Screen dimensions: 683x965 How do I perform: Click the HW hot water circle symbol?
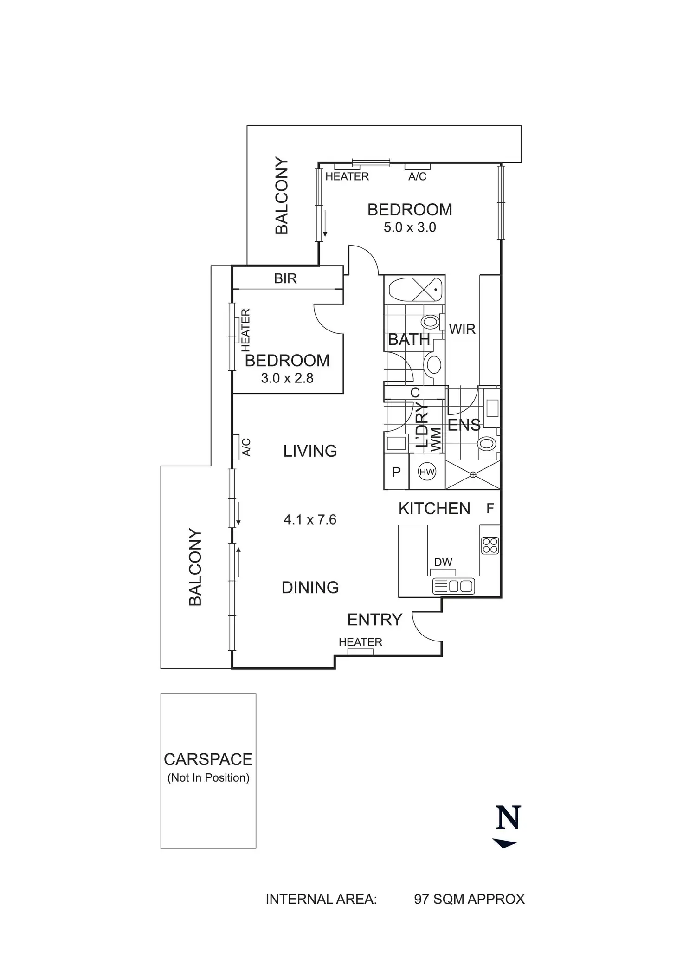tap(426, 473)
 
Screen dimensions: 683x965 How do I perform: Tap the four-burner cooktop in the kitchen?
tap(490, 545)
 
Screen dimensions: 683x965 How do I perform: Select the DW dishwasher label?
tap(443, 562)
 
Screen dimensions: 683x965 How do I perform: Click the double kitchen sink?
tap(453, 586)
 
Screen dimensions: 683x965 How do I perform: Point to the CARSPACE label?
tap(208, 759)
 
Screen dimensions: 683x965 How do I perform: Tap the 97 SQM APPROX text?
tap(469, 899)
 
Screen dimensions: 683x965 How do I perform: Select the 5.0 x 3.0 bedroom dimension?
tap(410, 227)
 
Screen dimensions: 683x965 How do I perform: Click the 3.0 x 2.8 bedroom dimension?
tap(287, 378)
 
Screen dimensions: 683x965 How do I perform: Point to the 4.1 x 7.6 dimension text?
tap(310, 519)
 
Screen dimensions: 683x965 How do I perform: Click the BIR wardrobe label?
tap(285, 278)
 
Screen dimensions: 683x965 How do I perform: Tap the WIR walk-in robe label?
tap(462, 329)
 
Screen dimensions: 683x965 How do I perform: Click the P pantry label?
tap(396, 473)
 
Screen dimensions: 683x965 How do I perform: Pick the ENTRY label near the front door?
tap(374, 620)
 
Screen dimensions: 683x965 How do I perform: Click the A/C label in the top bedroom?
tap(417, 176)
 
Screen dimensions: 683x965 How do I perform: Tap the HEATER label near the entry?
tap(361, 642)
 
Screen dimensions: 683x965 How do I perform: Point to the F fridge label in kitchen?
tap(490, 509)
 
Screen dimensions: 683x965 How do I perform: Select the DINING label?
tap(310, 588)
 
